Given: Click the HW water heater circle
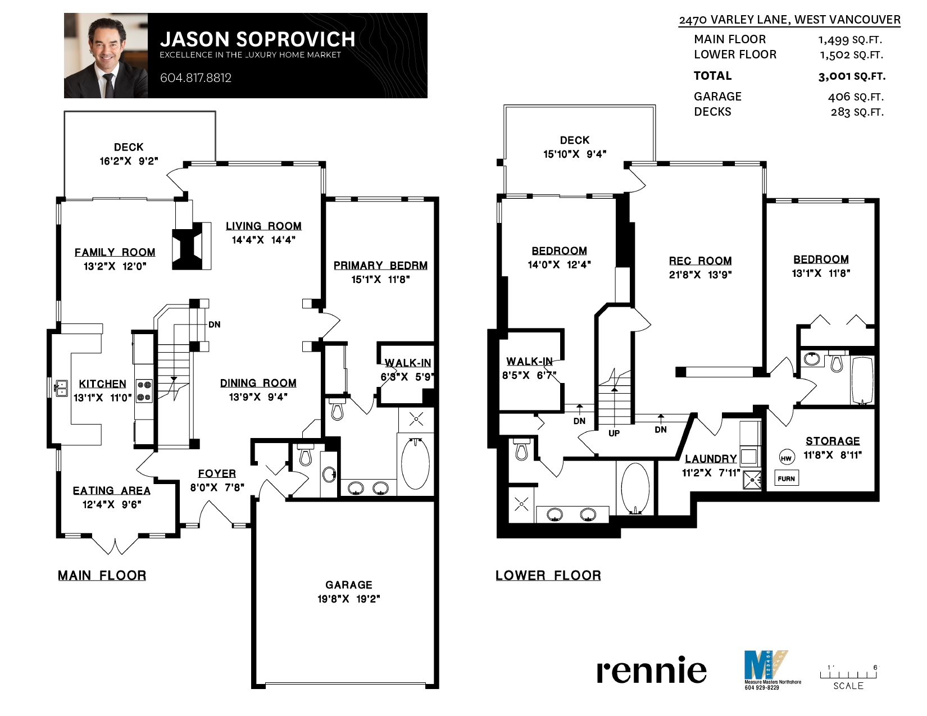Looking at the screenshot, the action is point(786,458).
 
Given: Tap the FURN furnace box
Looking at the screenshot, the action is point(786,478).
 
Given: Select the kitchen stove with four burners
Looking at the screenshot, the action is point(144,391).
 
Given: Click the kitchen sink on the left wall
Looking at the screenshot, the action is point(61,388).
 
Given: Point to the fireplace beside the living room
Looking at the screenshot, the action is point(192,246).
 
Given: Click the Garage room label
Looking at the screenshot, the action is point(349,585).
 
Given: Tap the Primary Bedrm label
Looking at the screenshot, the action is point(380,266).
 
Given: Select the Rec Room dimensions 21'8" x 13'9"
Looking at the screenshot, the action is point(700,275).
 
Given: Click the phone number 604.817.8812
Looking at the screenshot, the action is point(196,78).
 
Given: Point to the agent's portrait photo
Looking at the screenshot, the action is point(106,56).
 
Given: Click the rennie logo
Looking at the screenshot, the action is point(651,670).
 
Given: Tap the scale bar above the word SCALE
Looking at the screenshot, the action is point(848,674).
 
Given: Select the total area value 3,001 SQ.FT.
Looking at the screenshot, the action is point(852,76).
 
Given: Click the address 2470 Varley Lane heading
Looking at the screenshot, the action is point(789,20).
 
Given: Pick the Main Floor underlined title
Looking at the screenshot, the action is point(102,575).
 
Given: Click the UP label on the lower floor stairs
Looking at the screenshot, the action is point(614,434).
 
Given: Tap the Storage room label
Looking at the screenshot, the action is point(833,441).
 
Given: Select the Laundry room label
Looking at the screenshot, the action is point(711,459).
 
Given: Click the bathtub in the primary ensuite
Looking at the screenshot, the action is point(416,463).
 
